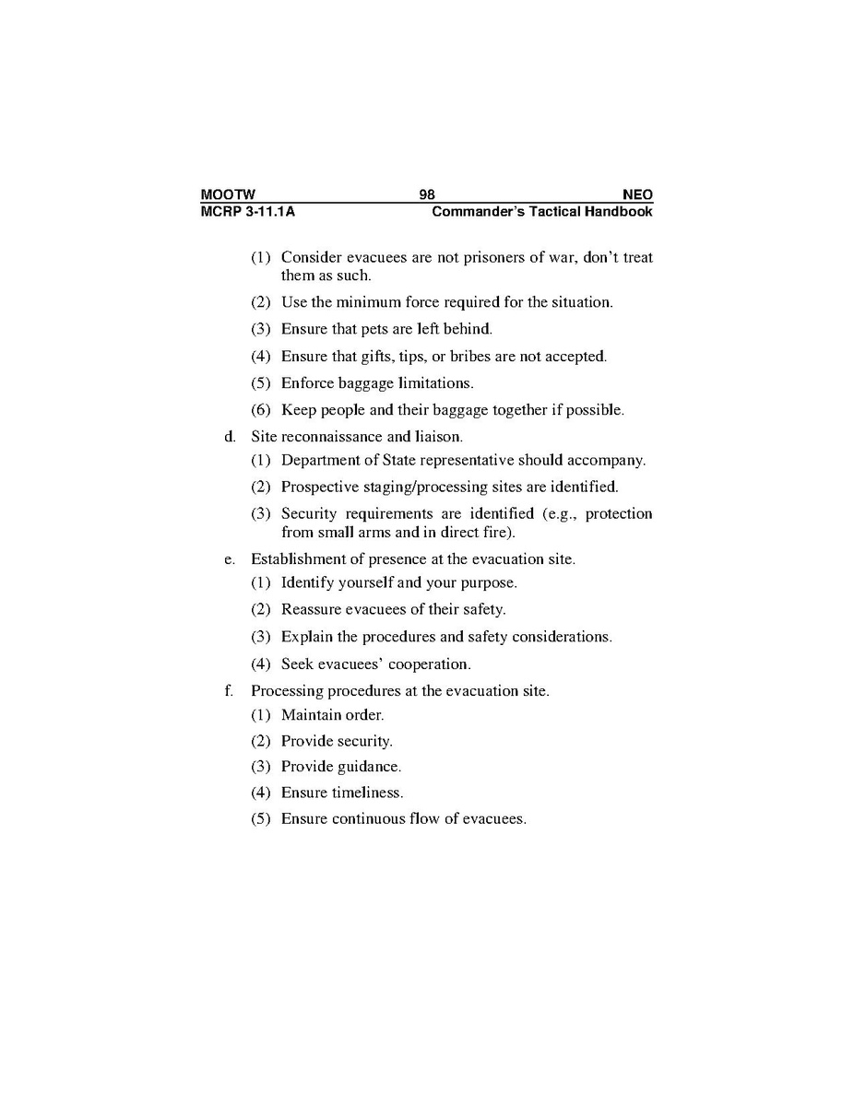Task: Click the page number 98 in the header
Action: pos(427,194)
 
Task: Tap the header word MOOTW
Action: pos(228,194)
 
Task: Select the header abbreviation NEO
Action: pos(637,194)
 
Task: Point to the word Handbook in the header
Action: pos(620,211)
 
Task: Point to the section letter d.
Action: pos(229,436)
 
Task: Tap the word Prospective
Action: pos(320,487)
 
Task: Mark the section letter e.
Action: pos(229,558)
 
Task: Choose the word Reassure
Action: pos(312,609)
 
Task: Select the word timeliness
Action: pos(368,793)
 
